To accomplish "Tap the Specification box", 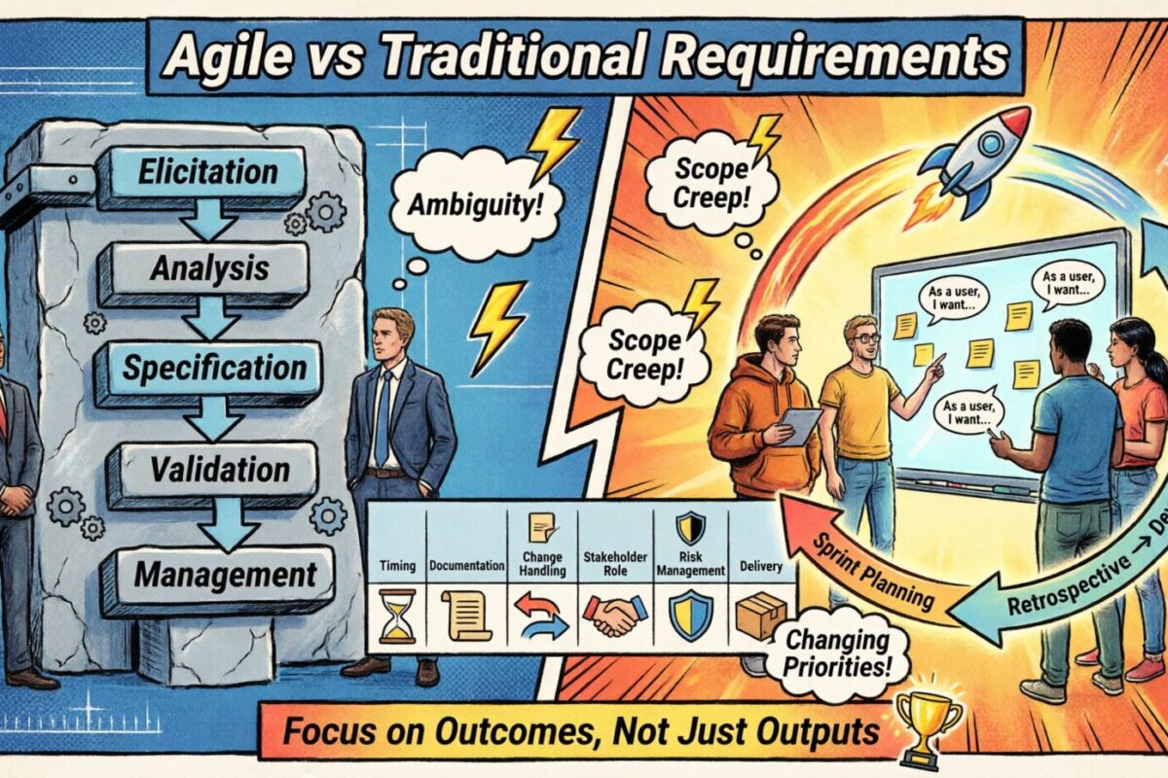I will click(213, 369).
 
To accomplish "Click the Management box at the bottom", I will click(224, 575).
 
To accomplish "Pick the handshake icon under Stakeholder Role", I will click(615, 615).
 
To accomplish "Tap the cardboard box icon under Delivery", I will click(762, 615).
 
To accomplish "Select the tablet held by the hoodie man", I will click(801, 425).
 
